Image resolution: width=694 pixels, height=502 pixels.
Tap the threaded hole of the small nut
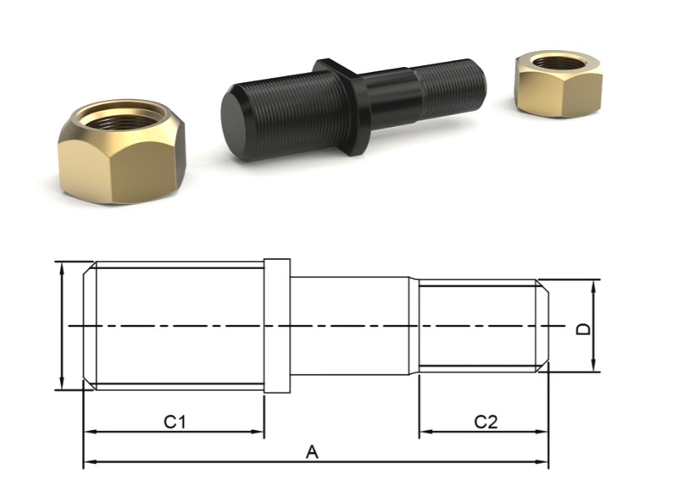pyautogui.click(x=558, y=63)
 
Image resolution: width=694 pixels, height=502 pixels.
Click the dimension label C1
pyautogui.click(x=175, y=421)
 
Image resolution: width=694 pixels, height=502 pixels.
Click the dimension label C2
pyautogui.click(x=485, y=421)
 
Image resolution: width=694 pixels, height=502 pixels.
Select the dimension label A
pyautogui.click(x=312, y=453)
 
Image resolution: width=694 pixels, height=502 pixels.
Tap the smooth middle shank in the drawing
pyautogui.click(x=351, y=326)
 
